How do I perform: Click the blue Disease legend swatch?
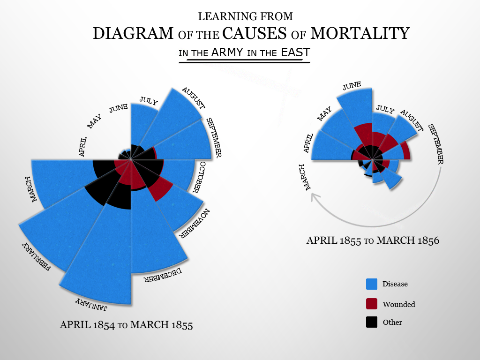tap(372, 284)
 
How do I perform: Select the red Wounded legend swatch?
tap(372, 304)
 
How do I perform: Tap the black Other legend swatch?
tap(372, 322)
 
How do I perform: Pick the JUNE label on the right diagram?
tap(352, 86)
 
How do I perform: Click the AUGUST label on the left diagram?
tap(193, 97)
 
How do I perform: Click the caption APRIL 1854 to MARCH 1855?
tap(126, 325)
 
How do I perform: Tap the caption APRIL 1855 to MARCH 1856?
tap(373, 241)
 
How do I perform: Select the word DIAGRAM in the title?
tap(133, 34)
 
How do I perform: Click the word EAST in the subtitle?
tap(295, 52)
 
